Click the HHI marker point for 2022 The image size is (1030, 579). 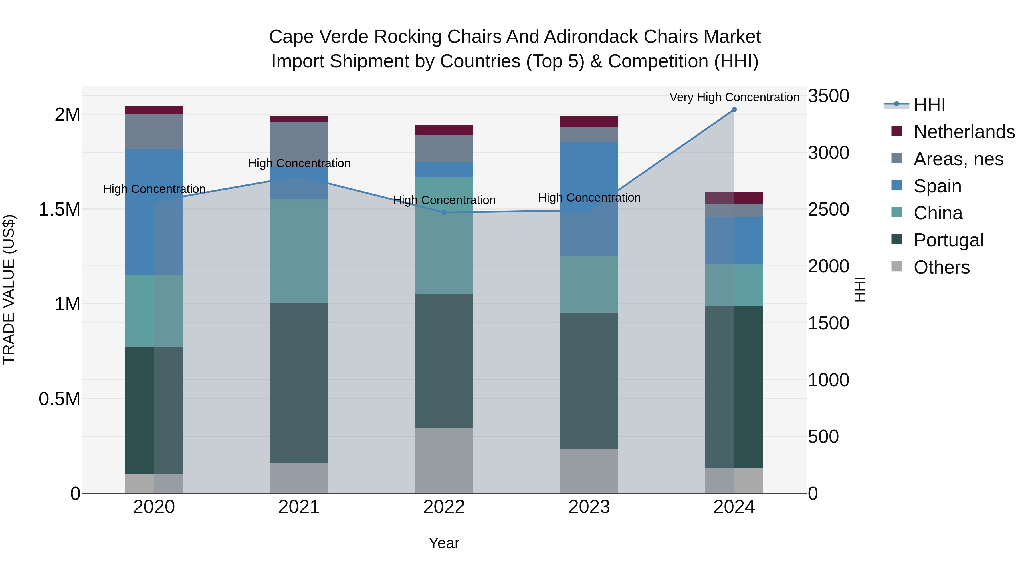444,212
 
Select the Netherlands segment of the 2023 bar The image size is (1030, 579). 589,122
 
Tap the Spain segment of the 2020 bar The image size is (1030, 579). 154,212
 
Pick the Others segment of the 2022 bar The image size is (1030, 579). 444,460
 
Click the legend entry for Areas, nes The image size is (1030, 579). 958,159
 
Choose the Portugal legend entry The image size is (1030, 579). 948,240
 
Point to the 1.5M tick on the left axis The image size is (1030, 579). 60,209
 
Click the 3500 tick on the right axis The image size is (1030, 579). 828,96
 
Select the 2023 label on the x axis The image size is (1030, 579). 589,507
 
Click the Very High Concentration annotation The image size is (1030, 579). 734,97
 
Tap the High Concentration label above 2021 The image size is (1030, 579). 299,164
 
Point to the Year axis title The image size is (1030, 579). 444,543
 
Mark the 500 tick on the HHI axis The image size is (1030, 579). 823,437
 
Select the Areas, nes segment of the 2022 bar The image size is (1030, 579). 444,149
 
